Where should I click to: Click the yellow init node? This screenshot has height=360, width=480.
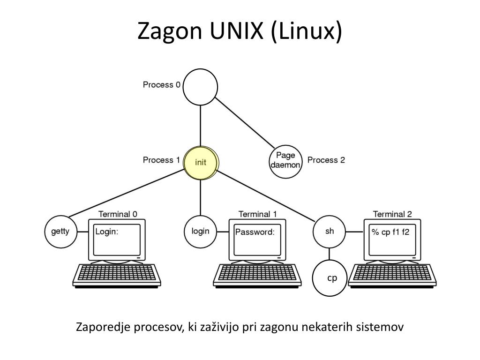[x=201, y=163]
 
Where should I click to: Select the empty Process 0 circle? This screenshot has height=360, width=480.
[x=200, y=87]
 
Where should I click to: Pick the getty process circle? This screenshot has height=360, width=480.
[x=60, y=232]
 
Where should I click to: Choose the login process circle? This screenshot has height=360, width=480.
[x=200, y=231]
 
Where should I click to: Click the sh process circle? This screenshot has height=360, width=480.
[x=330, y=231]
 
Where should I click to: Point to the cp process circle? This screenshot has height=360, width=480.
[x=332, y=278]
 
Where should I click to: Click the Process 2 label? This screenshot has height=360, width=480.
[x=326, y=160]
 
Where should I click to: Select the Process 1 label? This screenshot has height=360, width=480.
[x=161, y=160]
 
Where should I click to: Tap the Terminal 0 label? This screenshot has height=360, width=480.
[x=118, y=214]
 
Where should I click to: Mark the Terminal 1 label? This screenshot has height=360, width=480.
[x=257, y=214]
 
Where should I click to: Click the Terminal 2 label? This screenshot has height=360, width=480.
[x=392, y=214]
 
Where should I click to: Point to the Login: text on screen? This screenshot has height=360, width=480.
[x=107, y=232]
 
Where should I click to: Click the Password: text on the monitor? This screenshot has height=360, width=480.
[x=255, y=232]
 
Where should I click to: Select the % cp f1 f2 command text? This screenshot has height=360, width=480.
[x=390, y=232]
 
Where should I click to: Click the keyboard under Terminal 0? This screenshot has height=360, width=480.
[x=116, y=275]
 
